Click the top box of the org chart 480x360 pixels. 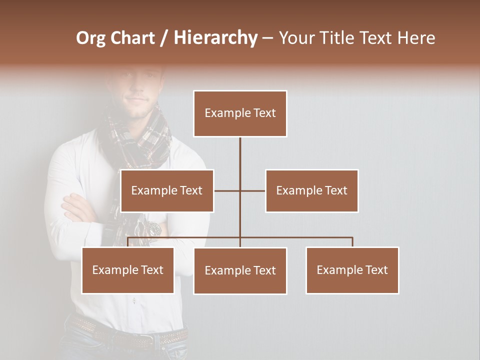click(240, 113)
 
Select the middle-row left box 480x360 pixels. click(166, 190)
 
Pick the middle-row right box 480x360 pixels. click(311, 190)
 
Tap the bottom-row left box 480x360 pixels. click(127, 270)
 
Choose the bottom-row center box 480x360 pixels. click(240, 270)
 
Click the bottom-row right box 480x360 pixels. click(352, 270)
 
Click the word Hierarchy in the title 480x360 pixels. click(215, 38)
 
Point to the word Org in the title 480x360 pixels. click(91, 38)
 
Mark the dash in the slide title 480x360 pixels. click(267, 38)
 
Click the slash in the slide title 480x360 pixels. click(164, 38)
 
